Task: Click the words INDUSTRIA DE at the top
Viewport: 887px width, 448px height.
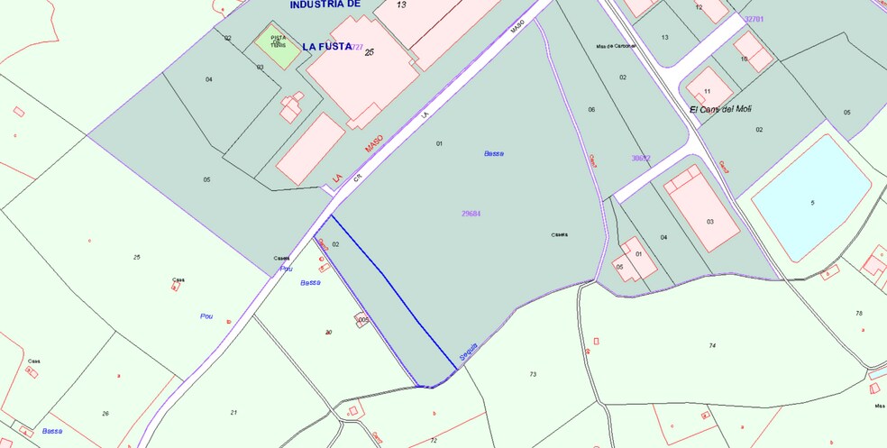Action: pyautogui.click(x=325, y=5)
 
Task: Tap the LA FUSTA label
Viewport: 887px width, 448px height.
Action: pyautogui.click(x=326, y=46)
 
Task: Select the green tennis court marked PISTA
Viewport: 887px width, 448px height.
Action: pyautogui.click(x=278, y=44)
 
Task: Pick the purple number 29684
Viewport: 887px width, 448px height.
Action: pyautogui.click(x=471, y=214)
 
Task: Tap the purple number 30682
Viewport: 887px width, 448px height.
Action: pyautogui.click(x=640, y=158)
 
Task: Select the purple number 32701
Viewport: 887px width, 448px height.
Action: pyautogui.click(x=754, y=19)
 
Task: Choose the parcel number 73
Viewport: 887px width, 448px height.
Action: pyautogui.click(x=533, y=374)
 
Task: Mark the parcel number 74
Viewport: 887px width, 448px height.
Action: pyautogui.click(x=712, y=345)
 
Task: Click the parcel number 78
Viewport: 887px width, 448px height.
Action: pyautogui.click(x=859, y=313)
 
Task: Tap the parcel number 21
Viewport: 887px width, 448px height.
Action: pyautogui.click(x=233, y=412)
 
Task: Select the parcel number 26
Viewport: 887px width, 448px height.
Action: pyautogui.click(x=105, y=413)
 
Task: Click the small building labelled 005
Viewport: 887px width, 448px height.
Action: pyautogui.click(x=363, y=320)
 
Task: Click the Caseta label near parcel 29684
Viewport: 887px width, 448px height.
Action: pyautogui.click(x=560, y=234)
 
